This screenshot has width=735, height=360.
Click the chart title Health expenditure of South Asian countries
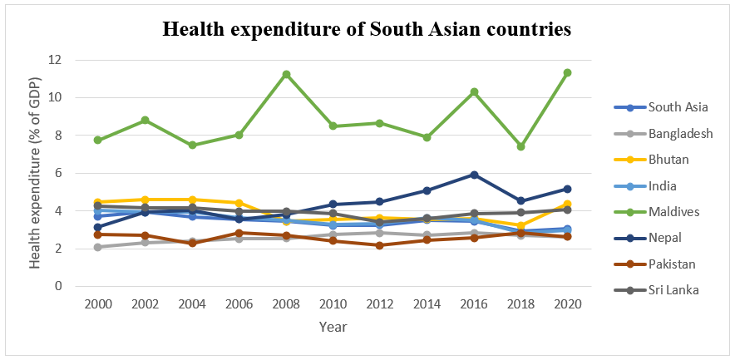367,30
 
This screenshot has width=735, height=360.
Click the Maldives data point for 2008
286,74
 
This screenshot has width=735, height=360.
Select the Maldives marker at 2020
567,72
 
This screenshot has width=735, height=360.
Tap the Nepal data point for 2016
474,175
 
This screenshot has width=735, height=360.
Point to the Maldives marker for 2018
520,146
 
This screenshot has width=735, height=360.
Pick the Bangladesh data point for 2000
98,247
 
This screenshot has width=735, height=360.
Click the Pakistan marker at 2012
380,245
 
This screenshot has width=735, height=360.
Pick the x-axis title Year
333,327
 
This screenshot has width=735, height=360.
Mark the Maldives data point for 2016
474,91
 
